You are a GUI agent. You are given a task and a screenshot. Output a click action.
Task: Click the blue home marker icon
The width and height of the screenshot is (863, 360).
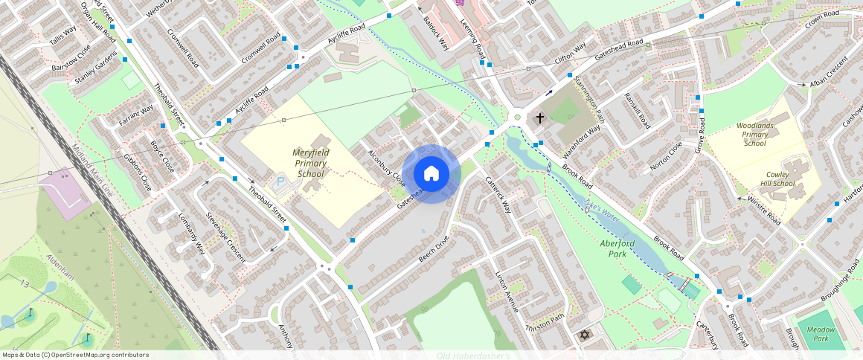(x=431, y=174)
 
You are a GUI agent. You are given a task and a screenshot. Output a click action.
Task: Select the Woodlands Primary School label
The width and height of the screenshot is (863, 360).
(x=757, y=134)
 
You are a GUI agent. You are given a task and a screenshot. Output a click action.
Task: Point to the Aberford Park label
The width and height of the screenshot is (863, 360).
(x=617, y=248)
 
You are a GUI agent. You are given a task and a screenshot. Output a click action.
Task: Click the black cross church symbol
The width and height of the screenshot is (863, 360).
(x=540, y=118)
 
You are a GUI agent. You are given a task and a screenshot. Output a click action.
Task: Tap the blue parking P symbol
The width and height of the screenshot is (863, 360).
(x=280, y=181)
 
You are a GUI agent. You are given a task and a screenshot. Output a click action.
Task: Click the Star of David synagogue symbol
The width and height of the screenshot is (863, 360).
(x=585, y=336)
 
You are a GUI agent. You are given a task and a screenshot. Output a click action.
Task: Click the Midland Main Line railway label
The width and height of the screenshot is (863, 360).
(x=93, y=170)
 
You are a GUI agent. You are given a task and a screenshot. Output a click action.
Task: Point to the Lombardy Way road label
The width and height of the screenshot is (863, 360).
(x=191, y=234)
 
